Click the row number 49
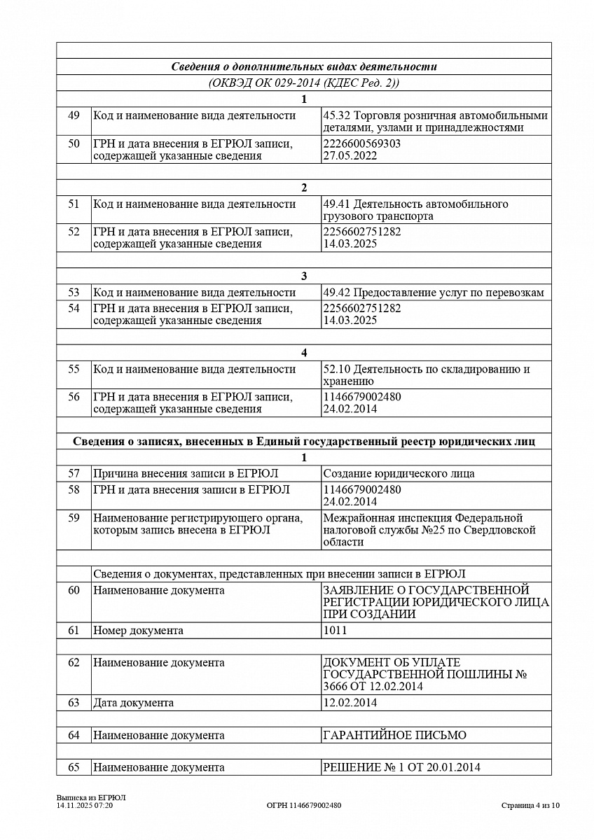pyautogui.click(x=74, y=115)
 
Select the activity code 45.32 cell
pyautogui.click(x=435, y=121)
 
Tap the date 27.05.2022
pyautogui.click(x=350, y=155)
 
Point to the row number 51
pyautogui.click(x=74, y=204)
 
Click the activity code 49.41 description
pyautogui.click(x=415, y=210)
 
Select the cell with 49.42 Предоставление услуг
pyautogui.click(x=433, y=293)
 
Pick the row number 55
pyautogui.click(x=74, y=369)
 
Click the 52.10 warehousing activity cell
pyautogui.click(x=426, y=374)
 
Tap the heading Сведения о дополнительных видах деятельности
pyautogui.click(x=304, y=66)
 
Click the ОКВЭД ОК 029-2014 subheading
pyautogui.click(x=304, y=83)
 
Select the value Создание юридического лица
pyautogui.click(x=399, y=473)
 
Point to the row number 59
pyautogui.click(x=74, y=519)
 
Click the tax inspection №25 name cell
pyautogui.click(x=429, y=530)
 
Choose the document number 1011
pyautogui.click(x=335, y=630)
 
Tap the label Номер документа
pyautogui.click(x=138, y=630)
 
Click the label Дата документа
pyautogui.click(x=133, y=702)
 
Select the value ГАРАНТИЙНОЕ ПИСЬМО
pyautogui.click(x=394, y=735)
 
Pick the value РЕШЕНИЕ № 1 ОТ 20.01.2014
pyautogui.click(x=401, y=767)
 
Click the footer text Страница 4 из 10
pyautogui.click(x=530, y=805)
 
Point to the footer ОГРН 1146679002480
pyautogui.click(x=304, y=806)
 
